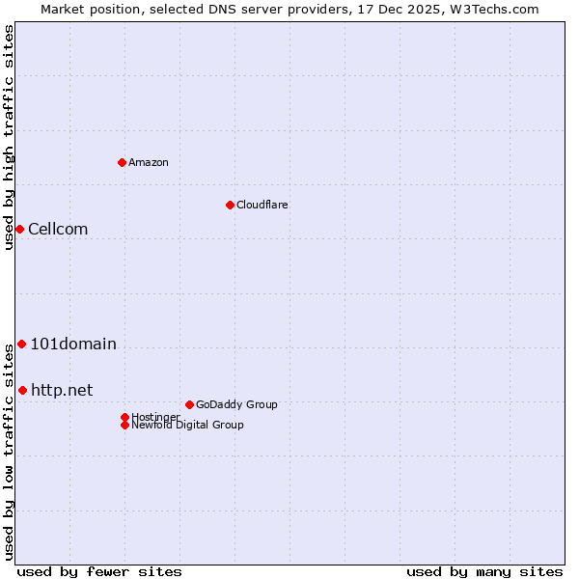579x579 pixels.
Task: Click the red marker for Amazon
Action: [122, 162]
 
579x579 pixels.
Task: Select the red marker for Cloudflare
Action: [230, 205]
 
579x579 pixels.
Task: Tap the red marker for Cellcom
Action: [19, 229]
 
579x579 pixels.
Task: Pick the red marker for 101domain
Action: [21, 344]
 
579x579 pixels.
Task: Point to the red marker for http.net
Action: [22, 390]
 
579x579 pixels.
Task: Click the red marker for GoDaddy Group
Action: [189, 404]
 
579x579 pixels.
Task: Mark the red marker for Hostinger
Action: [124, 417]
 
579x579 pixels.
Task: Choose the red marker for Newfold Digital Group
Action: [124, 425]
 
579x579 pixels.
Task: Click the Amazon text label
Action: [149, 162]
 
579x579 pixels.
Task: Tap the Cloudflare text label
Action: [262, 205]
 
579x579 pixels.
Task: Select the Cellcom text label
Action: [58, 229]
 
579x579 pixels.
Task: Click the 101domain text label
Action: [73, 344]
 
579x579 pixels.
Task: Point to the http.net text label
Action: [62, 390]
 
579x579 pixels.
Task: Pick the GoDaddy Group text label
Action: [236, 404]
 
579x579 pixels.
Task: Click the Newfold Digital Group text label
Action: [188, 426]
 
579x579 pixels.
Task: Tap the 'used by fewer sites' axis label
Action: [99, 571]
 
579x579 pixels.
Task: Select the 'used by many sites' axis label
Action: [484, 571]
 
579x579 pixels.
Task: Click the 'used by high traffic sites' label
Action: [9, 138]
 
